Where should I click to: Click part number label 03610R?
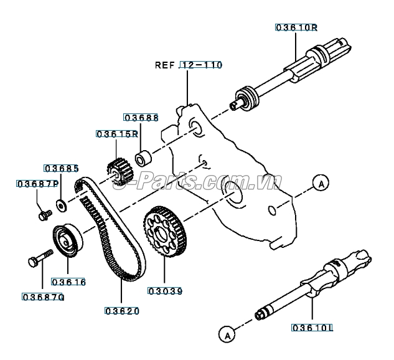297,27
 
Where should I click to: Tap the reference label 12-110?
200,65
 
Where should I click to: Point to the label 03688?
141,117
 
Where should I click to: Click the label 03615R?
116,134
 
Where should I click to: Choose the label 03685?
61,168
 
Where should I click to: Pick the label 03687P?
37,184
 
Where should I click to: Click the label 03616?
68,282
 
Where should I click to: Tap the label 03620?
121,311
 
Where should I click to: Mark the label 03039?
166,290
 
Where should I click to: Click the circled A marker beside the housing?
320,183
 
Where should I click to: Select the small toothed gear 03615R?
116,168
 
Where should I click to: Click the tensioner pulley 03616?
65,239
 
